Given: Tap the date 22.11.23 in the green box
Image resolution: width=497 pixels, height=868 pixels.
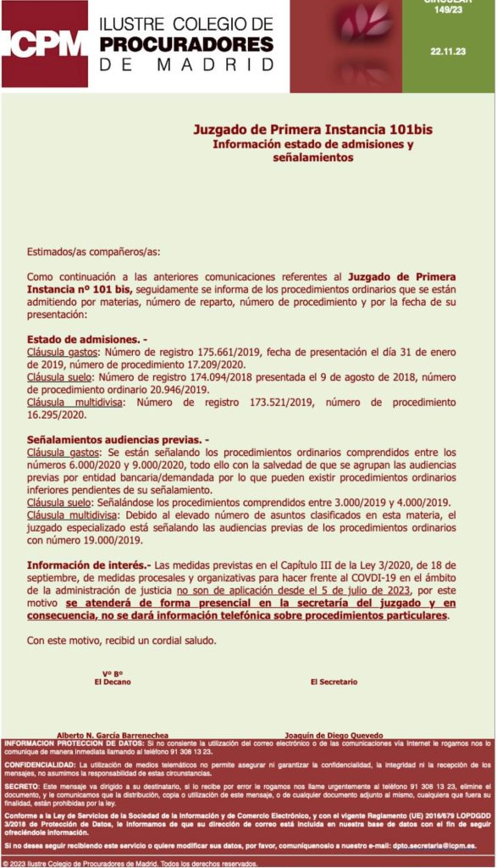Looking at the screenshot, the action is (448, 52).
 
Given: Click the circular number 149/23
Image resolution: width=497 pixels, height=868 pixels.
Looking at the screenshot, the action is (448, 10).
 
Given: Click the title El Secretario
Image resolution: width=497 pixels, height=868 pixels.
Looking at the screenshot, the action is (334, 682).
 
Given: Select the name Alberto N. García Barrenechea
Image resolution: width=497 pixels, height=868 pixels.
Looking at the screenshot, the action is (113, 735).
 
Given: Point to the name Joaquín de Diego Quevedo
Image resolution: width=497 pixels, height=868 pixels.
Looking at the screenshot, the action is (334, 735).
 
